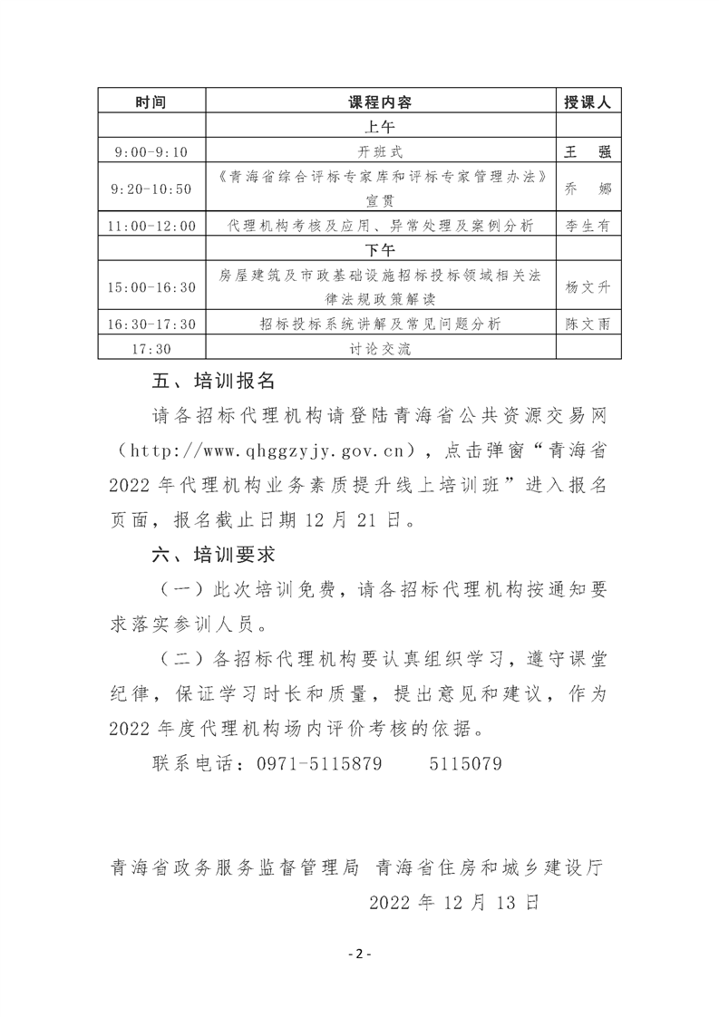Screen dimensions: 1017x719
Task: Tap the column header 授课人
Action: click(588, 102)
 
